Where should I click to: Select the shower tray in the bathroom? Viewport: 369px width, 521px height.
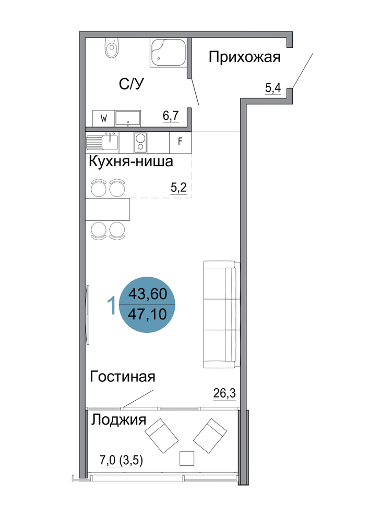(x=168, y=53)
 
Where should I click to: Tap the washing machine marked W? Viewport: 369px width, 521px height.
(x=103, y=118)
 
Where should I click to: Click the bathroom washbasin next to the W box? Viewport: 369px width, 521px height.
(x=128, y=118)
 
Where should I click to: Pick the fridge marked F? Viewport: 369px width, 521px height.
(x=181, y=142)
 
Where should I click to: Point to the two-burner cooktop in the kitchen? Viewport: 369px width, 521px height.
(x=140, y=142)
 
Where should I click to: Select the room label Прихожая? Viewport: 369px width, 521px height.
(x=245, y=57)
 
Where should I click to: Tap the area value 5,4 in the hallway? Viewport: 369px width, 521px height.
(x=273, y=88)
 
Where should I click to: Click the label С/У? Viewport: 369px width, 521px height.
(x=132, y=84)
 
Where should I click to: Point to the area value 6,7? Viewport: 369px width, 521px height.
(x=171, y=116)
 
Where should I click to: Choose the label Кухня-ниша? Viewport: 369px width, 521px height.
(x=131, y=162)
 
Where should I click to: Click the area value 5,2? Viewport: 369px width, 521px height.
(x=178, y=188)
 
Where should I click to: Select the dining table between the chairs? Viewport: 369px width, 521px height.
(x=108, y=209)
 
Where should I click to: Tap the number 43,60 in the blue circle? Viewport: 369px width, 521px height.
(x=147, y=294)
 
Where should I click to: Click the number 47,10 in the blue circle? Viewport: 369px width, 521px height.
(x=147, y=314)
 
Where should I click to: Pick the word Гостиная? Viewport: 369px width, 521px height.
(x=123, y=377)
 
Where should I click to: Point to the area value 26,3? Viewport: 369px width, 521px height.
(x=224, y=393)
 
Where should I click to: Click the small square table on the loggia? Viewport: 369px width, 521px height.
(x=187, y=458)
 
